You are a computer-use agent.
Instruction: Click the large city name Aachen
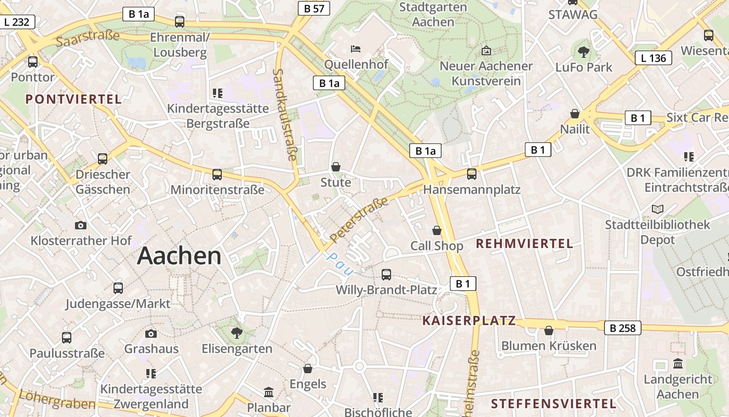point(179,256)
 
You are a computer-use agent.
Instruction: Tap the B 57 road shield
point(314,8)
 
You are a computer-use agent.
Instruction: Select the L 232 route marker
point(17,22)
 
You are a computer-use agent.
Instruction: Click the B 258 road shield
point(622,328)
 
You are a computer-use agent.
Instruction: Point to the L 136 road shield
point(653,58)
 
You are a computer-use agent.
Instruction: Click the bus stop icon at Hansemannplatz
point(471,174)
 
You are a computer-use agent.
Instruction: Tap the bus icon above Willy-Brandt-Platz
point(386,274)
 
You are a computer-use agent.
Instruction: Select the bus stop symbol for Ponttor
point(33,62)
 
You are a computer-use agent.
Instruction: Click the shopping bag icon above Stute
point(336,167)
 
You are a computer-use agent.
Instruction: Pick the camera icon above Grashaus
point(151,334)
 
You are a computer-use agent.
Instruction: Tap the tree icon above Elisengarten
point(237,333)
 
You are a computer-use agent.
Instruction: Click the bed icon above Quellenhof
point(356,49)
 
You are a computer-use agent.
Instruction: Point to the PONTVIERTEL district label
point(73,99)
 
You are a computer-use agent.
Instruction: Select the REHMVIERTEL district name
point(524,243)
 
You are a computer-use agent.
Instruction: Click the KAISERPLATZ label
point(469,321)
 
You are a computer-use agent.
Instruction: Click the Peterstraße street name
point(359,219)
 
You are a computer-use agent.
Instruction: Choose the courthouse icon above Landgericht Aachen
point(677,363)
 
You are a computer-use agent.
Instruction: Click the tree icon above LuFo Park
point(584,51)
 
